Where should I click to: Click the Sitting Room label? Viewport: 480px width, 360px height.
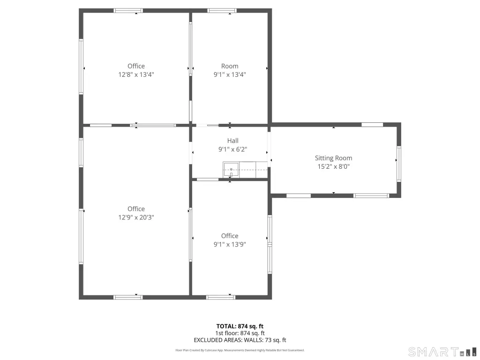pos(333,158)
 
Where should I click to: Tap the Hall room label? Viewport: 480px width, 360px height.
pos(232,141)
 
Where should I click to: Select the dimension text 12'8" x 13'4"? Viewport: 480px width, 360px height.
pos(136,75)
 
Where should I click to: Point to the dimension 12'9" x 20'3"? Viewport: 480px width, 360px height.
pos(136,217)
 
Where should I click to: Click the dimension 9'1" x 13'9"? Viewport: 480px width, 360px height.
pos(230,244)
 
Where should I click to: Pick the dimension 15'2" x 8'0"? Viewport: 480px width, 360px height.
pos(333,166)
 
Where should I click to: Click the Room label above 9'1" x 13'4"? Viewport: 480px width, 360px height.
pos(230,66)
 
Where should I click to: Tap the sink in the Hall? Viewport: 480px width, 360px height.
pos(231,170)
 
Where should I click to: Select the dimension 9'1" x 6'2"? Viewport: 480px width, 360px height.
pos(232,150)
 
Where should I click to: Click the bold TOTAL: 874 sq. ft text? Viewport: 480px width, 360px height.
pos(240,326)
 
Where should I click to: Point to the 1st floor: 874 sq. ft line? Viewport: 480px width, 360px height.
pos(240,333)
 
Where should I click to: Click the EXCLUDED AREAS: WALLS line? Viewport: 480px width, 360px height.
pos(240,340)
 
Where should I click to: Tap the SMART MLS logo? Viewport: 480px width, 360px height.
pos(442,352)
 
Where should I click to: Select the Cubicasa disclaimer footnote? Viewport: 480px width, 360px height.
pos(240,350)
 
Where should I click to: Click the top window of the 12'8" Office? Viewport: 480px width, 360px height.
pos(128,11)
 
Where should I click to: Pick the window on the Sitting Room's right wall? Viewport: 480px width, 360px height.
pos(399,164)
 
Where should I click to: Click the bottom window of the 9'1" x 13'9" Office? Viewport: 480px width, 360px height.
pos(221,297)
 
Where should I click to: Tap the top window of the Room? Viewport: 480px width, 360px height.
pos(222,11)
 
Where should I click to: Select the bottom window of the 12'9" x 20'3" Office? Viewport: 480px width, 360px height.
pos(128,297)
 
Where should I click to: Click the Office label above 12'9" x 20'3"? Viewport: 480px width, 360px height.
pos(136,209)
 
